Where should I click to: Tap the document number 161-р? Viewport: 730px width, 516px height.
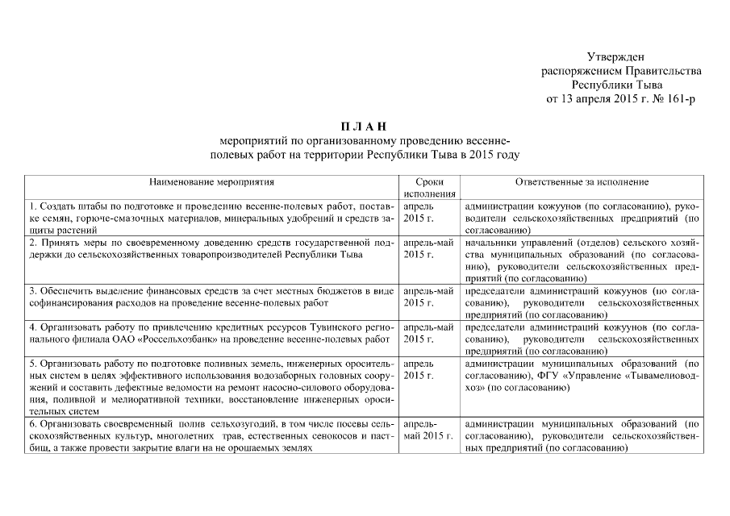[677, 99]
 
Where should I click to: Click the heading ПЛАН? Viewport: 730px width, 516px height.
[364, 126]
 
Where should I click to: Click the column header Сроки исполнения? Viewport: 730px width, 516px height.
[429, 189]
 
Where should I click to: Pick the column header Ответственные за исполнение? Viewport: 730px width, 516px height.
[582, 183]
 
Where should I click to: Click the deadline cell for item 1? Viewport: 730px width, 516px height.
[418, 213]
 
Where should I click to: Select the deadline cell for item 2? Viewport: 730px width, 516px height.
[428, 248]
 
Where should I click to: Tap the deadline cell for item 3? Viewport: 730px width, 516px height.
[428, 296]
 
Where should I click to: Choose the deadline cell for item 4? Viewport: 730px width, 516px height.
[428, 333]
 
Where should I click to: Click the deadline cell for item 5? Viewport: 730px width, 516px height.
[418, 370]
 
